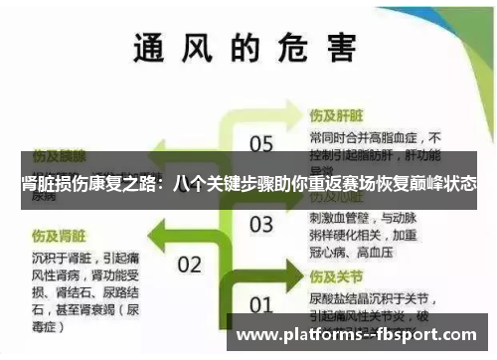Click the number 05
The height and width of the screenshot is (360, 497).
260,145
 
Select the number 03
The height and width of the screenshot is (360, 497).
260,223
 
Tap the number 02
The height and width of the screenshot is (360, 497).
189,265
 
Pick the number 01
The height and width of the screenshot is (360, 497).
260,304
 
